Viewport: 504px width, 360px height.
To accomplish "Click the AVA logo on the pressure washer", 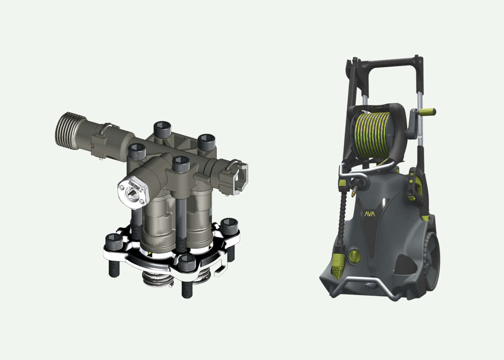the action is point(370,214).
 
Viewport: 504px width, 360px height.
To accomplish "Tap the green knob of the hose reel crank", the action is point(428,112).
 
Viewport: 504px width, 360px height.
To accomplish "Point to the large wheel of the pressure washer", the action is point(431,261).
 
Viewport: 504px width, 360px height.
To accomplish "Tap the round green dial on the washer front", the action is point(354,256).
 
